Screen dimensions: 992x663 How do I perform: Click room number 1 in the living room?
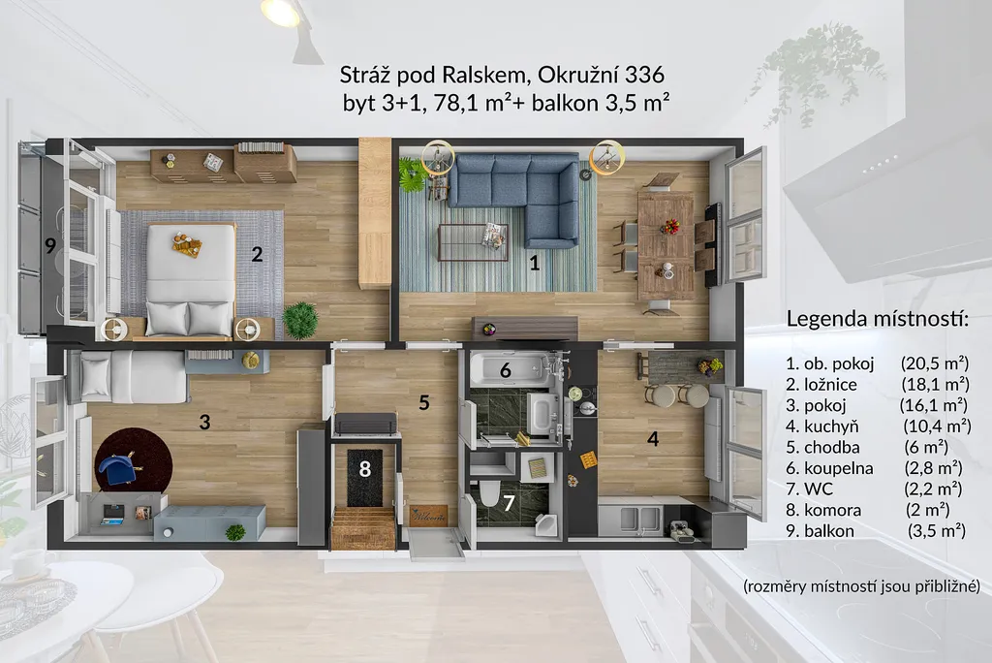click(x=535, y=262)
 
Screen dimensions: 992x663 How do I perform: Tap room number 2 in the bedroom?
click(x=257, y=255)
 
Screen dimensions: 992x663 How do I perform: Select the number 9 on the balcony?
click(x=50, y=245)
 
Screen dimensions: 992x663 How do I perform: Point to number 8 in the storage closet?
click(x=364, y=469)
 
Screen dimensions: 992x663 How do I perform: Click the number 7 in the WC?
click(x=509, y=503)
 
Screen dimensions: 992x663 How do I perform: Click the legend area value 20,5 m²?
click(x=935, y=363)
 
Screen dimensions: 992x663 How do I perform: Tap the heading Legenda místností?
click(x=878, y=319)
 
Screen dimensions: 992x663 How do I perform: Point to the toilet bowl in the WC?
click(x=489, y=493)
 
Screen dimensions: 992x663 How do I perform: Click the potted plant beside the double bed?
click(x=300, y=320)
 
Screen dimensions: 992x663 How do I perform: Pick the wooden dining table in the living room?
click(x=666, y=245)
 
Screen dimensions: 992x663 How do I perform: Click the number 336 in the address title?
click(x=644, y=75)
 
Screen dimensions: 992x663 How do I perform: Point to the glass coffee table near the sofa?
click(x=473, y=242)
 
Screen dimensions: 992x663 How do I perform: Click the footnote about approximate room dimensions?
click(x=861, y=585)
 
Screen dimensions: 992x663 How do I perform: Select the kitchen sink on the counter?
click(x=631, y=518)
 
